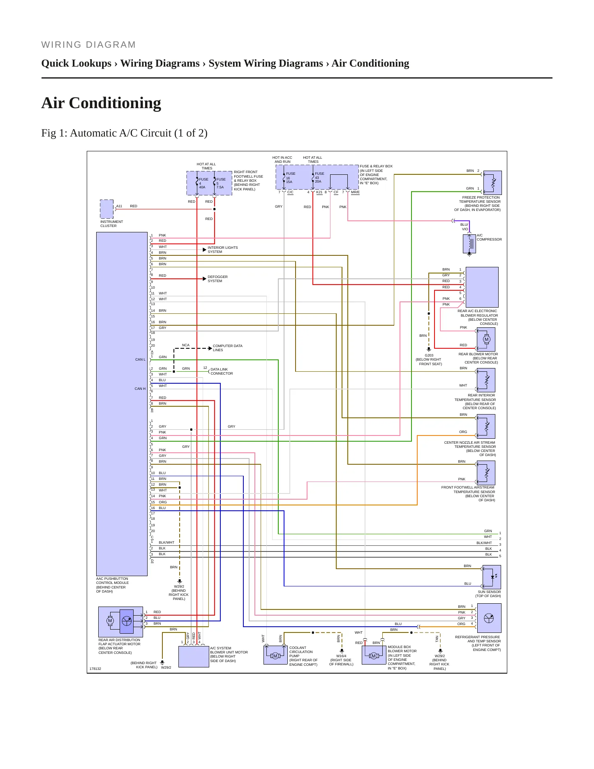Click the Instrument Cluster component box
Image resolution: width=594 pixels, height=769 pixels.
point(107,209)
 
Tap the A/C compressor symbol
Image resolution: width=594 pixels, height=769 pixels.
point(469,243)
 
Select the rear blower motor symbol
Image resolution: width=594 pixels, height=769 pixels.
point(486,339)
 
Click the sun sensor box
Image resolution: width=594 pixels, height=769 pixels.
point(492,577)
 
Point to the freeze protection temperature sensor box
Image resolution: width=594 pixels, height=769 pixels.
point(493,183)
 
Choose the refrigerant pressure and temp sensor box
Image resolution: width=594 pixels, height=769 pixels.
point(489,618)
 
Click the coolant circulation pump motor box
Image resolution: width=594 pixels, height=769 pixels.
point(275,655)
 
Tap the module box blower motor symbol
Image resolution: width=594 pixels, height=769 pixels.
point(374,655)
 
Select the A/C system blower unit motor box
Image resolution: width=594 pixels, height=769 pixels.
point(194,657)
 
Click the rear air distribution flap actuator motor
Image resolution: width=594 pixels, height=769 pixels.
point(120,622)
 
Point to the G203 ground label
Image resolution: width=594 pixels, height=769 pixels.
point(429,355)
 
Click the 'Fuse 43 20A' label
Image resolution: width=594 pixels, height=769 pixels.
point(319,177)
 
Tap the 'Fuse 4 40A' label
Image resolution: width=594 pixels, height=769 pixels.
point(203,183)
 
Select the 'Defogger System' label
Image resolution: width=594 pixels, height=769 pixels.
point(217,279)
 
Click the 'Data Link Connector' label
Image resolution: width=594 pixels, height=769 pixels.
point(222,371)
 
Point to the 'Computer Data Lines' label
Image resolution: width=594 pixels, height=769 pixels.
point(227,348)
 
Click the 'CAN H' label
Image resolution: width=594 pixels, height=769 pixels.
point(140,389)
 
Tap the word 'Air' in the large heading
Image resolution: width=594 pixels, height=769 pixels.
point(53,103)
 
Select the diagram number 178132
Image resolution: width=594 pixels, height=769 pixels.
point(95,669)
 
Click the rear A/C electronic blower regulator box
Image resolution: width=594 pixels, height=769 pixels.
point(482,287)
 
